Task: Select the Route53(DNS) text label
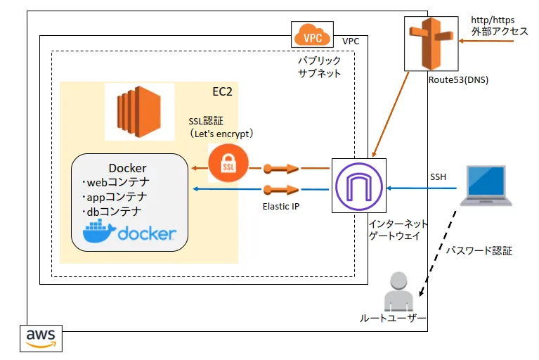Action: click(x=458, y=79)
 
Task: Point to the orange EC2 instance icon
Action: click(x=138, y=112)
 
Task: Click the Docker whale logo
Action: click(x=98, y=232)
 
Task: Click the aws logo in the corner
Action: click(x=41, y=337)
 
